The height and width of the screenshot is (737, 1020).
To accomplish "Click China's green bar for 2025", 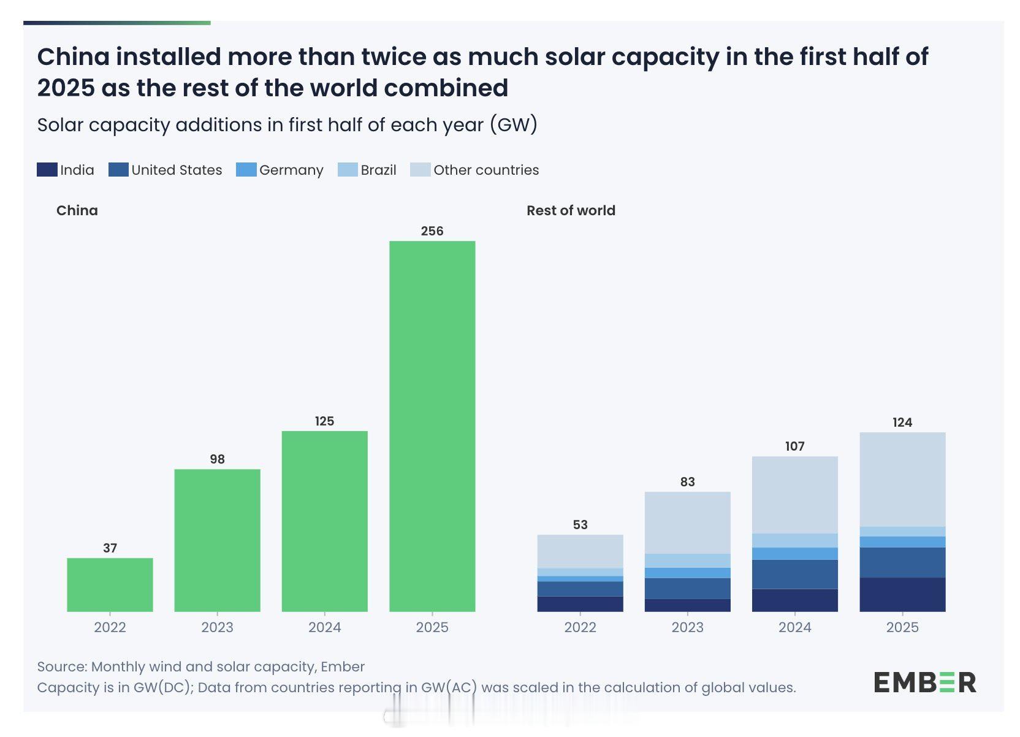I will click(x=432, y=426).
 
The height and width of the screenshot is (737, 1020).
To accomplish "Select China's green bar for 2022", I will click(x=110, y=584).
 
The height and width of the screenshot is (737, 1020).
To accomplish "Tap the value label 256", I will click(x=432, y=231).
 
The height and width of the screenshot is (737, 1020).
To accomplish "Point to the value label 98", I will click(x=217, y=459).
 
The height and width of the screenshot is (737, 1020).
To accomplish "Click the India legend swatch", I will click(x=47, y=170).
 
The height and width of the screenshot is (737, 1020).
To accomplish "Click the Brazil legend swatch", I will click(x=348, y=170).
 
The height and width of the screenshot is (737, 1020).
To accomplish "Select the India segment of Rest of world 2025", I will click(x=902, y=594).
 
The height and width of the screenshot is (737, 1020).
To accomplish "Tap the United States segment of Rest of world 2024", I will click(x=794, y=574).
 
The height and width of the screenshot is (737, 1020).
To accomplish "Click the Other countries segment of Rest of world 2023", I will click(x=687, y=522).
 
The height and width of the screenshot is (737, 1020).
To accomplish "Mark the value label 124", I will click(x=902, y=422).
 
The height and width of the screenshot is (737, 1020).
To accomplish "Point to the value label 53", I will click(x=580, y=525).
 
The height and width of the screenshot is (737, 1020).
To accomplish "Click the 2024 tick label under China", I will click(x=324, y=627).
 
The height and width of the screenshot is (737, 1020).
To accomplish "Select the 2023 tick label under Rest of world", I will click(x=687, y=627).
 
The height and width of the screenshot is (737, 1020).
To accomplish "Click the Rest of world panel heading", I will click(x=571, y=210).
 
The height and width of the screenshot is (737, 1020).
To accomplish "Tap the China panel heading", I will click(x=77, y=210).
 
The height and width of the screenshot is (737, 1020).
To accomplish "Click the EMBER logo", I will click(x=924, y=682).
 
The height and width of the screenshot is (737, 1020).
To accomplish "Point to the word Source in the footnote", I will click(x=62, y=666).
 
